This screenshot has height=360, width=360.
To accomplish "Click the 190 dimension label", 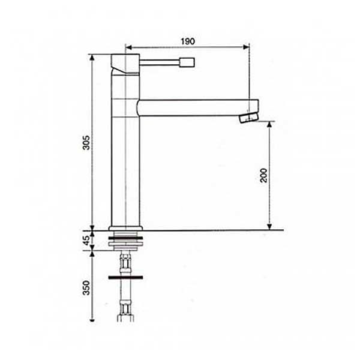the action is tap(188, 41).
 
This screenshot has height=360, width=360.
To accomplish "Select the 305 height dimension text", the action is tap(86, 143).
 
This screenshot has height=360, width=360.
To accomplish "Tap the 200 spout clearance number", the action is tap(263, 175).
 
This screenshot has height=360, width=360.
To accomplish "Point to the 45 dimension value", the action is tap(86, 241).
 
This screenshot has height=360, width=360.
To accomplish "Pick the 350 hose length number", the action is tap(86, 287).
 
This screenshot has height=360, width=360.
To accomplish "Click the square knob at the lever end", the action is tap(187, 62).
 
